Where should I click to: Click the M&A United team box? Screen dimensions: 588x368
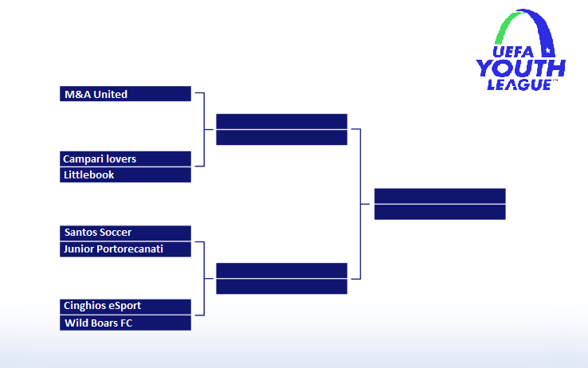click(x=125, y=94)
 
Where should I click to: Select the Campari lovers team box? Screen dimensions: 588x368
click(x=125, y=159)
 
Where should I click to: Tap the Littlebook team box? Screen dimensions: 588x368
click(x=125, y=175)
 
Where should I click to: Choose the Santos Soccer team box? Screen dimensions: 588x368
click(x=125, y=233)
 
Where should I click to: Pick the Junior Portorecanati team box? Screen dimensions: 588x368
click(x=125, y=249)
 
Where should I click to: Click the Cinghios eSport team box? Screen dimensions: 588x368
click(x=125, y=306)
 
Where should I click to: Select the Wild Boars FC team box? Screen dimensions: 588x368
click(x=125, y=323)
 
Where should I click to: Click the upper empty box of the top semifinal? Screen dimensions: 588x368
click(x=281, y=121)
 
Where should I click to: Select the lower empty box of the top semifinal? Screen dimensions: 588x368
click(x=281, y=137)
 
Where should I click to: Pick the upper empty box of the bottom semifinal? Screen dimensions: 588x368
click(x=281, y=270)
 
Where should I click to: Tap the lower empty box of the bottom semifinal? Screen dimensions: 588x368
click(x=281, y=287)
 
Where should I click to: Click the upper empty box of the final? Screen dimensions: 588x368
click(x=440, y=196)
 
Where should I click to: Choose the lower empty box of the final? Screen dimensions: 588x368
click(x=440, y=212)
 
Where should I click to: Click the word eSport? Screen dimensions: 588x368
click(x=125, y=306)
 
